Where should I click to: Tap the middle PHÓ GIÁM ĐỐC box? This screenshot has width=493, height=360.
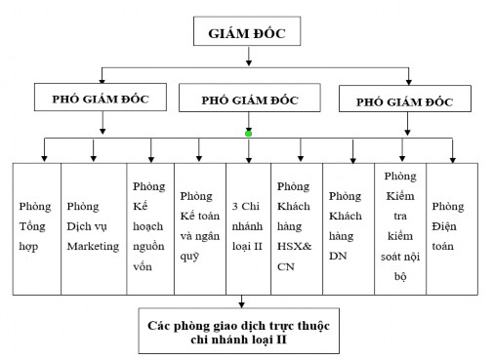tap(250, 100)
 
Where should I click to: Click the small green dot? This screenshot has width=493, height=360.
tap(250, 134)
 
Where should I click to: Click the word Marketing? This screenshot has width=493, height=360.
tap(93, 246)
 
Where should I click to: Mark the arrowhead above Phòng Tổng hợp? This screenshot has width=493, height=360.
tap(43, 156)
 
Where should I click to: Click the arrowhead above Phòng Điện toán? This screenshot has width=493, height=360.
tap(453, 156)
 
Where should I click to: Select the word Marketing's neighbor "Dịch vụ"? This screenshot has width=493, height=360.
tap(93, 226)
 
